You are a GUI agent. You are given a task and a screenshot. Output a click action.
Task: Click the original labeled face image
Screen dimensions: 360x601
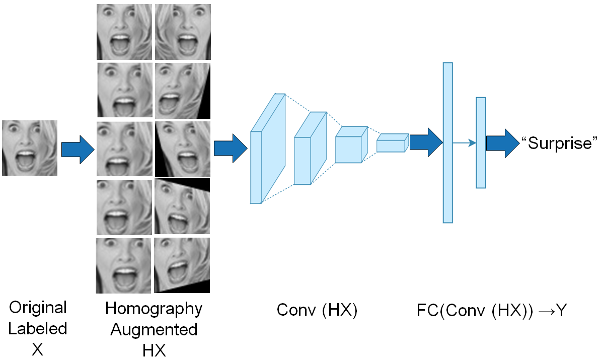[30, 148]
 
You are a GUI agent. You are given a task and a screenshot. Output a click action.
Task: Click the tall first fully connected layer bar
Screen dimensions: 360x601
[447, 142]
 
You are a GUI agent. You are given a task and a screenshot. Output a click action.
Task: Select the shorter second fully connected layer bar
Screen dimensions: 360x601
[481, 143]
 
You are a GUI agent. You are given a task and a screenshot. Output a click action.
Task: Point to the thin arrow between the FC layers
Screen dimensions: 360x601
[464, 143]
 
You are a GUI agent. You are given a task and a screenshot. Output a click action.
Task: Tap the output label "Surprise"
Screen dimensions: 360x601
[559, 143]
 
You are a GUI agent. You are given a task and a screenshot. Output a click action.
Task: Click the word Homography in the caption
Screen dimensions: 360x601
[154, 309]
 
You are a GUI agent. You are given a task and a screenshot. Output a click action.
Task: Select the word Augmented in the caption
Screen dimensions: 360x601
[154, 330]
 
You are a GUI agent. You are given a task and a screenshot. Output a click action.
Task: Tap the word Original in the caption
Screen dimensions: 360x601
[38, 308]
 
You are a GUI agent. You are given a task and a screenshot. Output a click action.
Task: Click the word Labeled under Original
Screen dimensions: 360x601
[38, 329]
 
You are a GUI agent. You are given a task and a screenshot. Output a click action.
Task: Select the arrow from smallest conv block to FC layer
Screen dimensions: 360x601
[426, 142]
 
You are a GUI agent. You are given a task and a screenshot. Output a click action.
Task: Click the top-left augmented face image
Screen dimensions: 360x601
[124, 32]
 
